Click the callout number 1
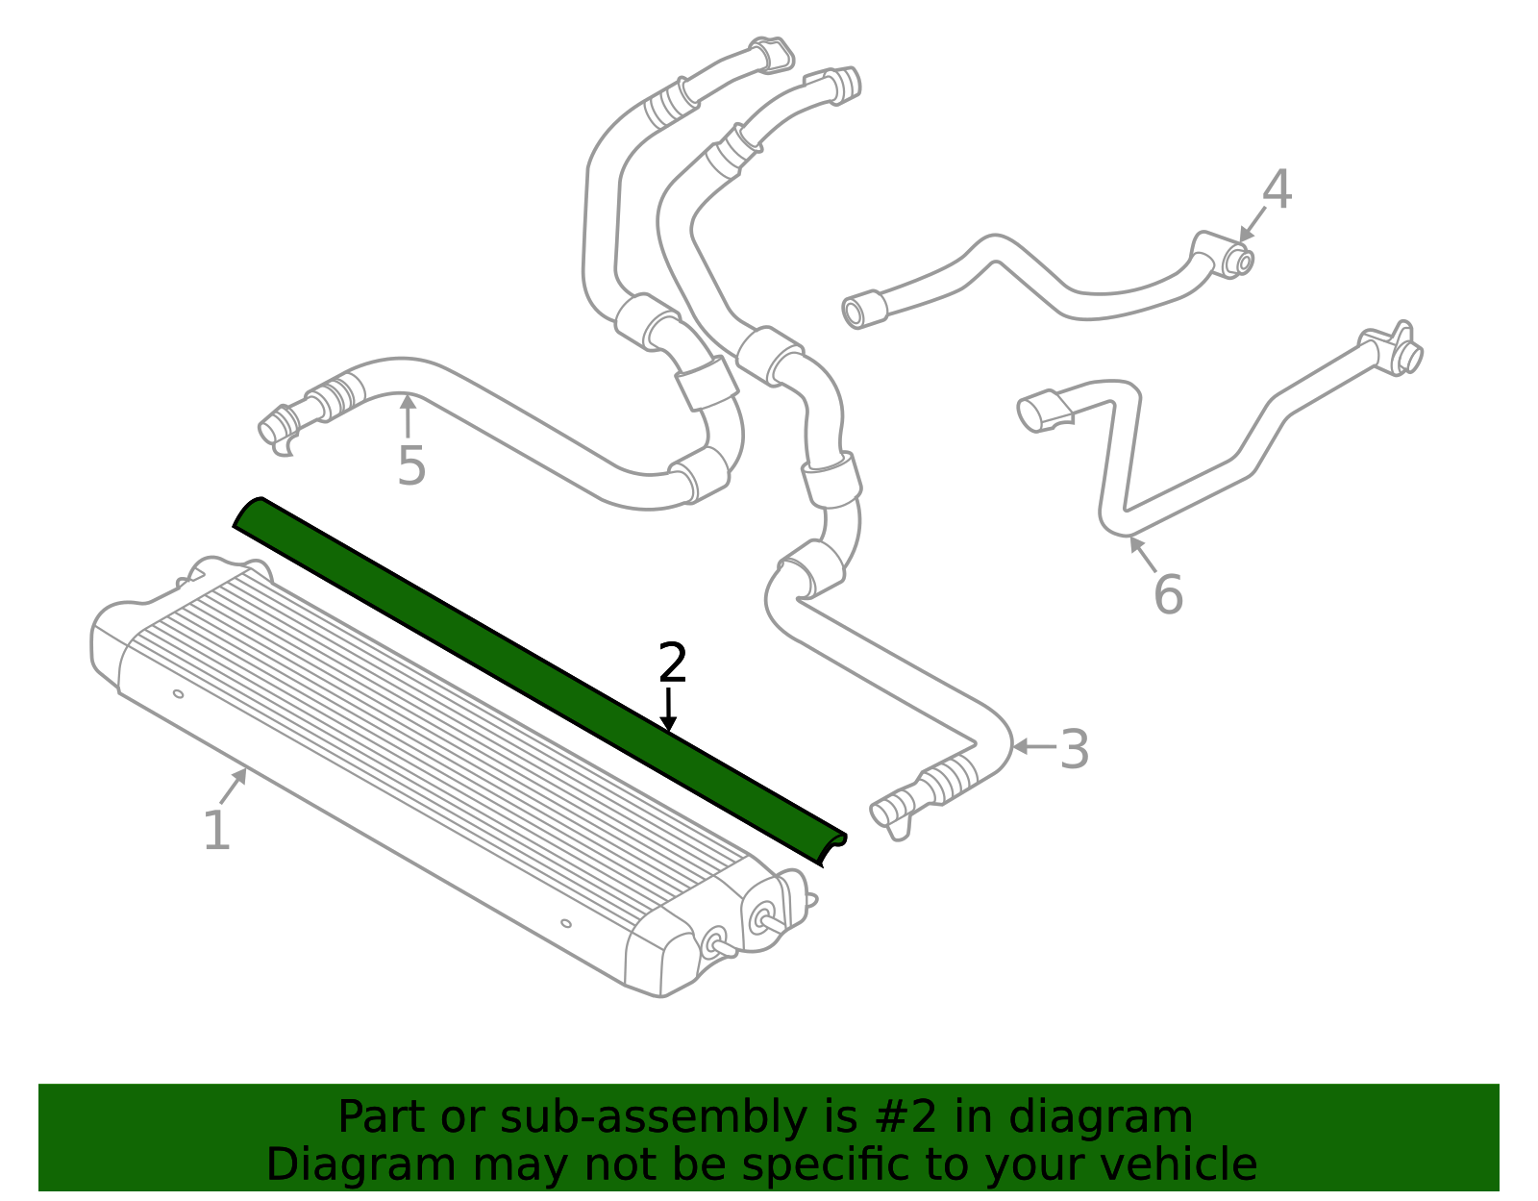(x=216, y=830)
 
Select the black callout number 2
(x=673, y=663)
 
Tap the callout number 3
(x=1074, y=749)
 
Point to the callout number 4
(x=1277, y=190)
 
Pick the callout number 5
(x=411, y=466)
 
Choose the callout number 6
(x=1168, y=594)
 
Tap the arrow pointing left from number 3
(x=1032, y=746)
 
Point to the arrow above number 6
(x=1142, y=553)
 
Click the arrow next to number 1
(x=234, y=787)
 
